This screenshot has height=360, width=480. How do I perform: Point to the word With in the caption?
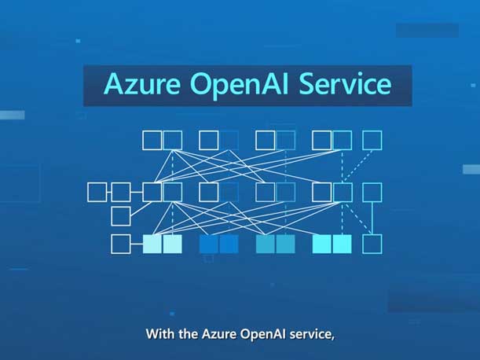click(x=160, y=334)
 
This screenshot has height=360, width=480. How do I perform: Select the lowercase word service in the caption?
click(x=316, y=334)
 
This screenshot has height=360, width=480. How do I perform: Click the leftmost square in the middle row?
click(x=97, y=192)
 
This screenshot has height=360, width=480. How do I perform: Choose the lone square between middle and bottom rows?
click(x=121, y=216)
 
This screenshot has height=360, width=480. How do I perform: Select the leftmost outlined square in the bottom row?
click(x=121, y=244)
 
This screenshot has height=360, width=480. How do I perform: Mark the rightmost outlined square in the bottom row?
click(x=372, y=244)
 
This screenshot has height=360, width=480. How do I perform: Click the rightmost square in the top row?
click(x=372, y=141)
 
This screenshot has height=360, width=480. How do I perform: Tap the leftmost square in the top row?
click(x=152, y=141)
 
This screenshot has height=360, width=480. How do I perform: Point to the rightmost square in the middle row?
click(x=372, y=192)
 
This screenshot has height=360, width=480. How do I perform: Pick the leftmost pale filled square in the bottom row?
click(x=152, y=244)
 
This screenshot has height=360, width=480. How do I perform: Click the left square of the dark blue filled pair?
click(x=209, y=244)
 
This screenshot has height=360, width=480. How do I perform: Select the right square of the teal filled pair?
click(x=285, y=244)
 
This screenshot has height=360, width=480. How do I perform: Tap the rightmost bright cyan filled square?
click(x=342, y=244)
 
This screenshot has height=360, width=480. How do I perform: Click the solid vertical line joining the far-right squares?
click(x=372, y=218)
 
